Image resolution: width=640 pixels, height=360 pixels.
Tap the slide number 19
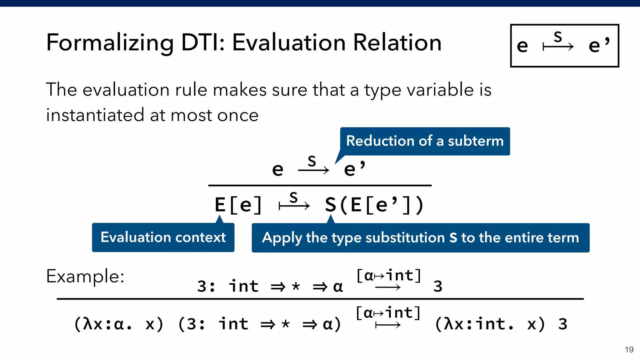click(629, 349)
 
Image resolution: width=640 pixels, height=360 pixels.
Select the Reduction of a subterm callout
click(425, 141)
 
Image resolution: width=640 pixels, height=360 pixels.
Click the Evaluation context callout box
click(163, 237)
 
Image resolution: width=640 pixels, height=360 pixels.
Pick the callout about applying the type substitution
click(420, 238)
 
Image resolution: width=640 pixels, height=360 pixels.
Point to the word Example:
click(85, 276)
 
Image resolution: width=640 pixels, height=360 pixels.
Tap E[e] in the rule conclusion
click(238, 205)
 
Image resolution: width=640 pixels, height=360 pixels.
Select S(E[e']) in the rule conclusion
click(374, 205)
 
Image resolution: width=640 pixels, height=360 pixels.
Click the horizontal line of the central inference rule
click(320, 186)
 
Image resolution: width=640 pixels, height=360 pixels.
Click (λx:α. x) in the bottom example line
click(119, 324)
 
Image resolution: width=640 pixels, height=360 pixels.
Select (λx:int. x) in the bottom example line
click(490, 324)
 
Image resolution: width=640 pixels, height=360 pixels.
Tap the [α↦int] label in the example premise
click(388, 276)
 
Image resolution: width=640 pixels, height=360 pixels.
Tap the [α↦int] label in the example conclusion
click(388, 313)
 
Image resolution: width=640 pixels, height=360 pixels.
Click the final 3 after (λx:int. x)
click(562, 324)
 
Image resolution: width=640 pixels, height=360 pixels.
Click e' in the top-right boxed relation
click(598, 45)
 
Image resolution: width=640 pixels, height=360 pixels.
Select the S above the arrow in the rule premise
click(312, 162)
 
